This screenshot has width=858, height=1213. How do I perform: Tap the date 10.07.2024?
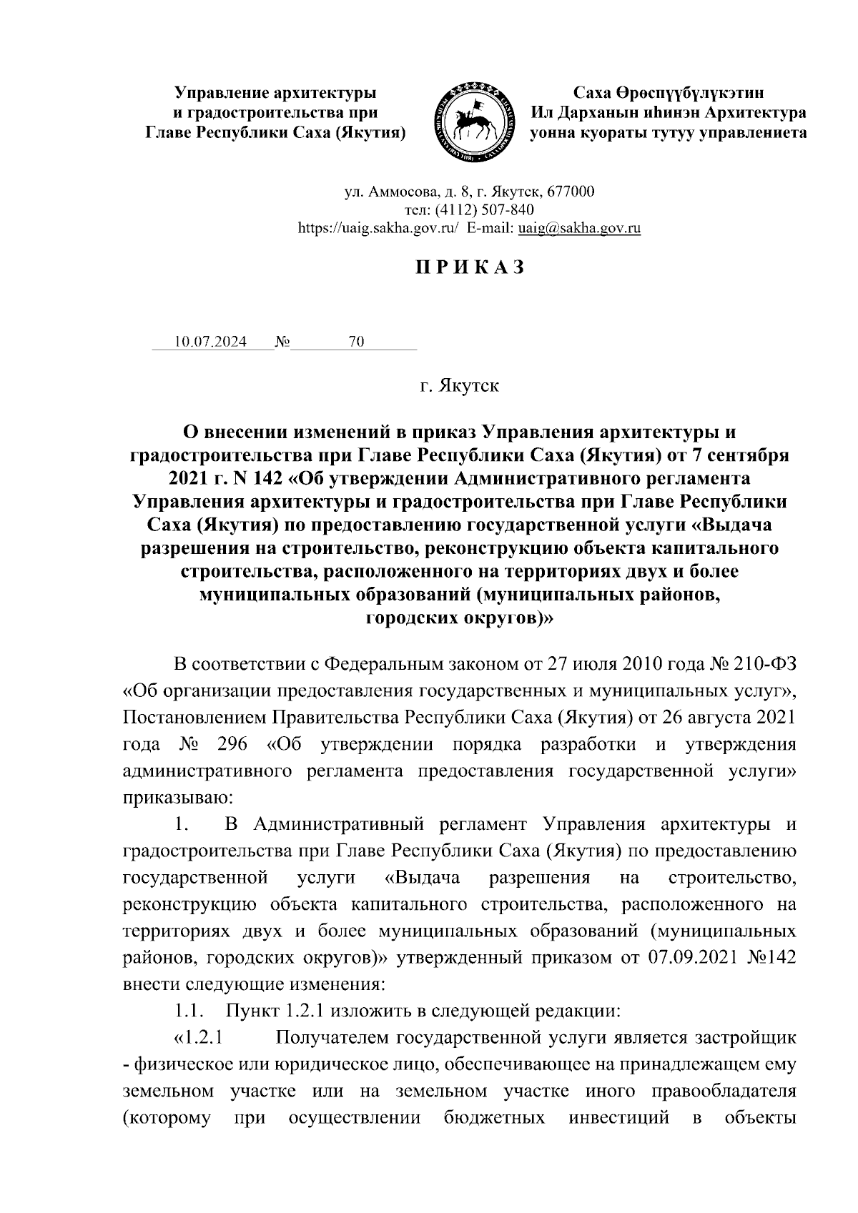pyautogui.click(x=211, y=342)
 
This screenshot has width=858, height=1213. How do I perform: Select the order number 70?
pyautogui.click(x=356, y=342)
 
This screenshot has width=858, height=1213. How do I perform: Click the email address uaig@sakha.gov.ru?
pyautogui.click(x=578, y=228)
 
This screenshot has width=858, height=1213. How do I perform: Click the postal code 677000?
pyautogui.click(x=570, y=192)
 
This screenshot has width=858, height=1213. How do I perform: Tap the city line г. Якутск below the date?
pyautogui.click(x=459, y=387)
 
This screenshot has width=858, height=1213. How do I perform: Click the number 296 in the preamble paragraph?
pyautogui.click(x=231, y=744)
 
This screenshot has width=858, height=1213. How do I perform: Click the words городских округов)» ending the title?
pyautogui.click(x=459, y=618)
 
